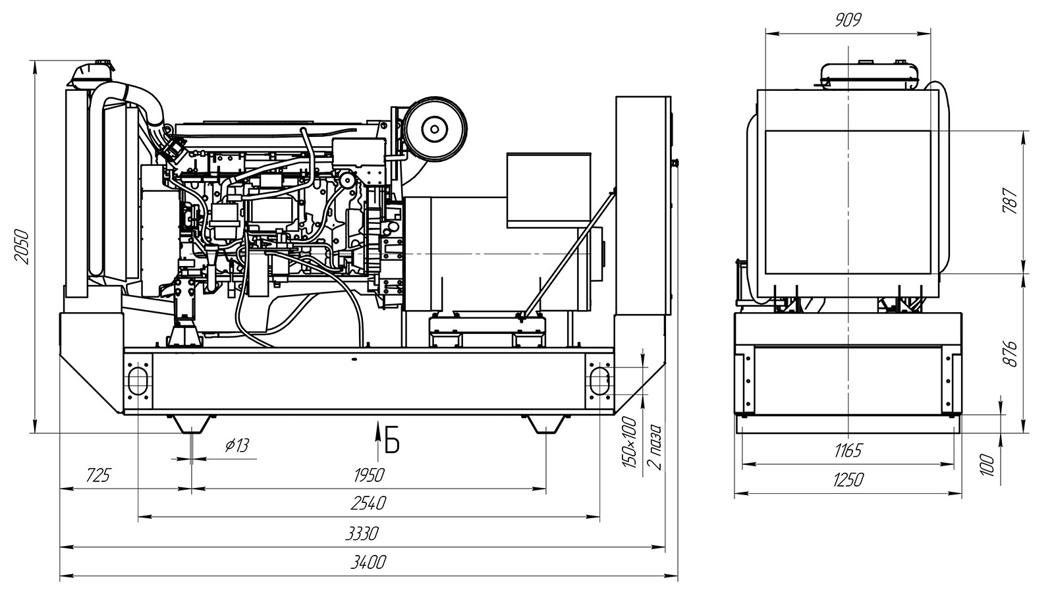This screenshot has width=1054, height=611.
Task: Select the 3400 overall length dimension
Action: click(368, 562)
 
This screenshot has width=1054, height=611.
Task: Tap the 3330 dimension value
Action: click(362, 533)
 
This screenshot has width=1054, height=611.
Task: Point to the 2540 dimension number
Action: click(368, 504)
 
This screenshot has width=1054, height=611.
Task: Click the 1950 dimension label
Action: click(368, 475)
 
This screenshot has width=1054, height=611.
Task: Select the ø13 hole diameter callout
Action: click(236, 446)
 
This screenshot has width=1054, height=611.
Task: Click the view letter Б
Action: click(392, 443)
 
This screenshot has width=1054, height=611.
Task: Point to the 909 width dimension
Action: click(848, 20)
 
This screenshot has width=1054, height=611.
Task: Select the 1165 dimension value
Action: click(848, 451)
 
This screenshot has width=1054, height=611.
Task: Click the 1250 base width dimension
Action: click(848, 480)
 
